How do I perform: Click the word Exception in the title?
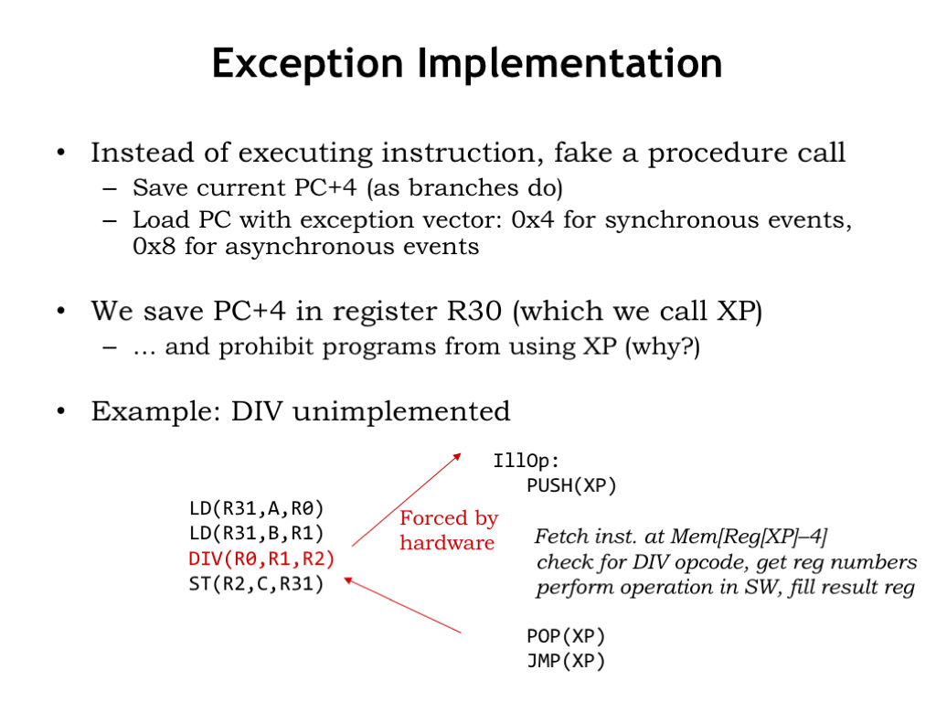coord(307,64)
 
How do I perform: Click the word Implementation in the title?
coord(570,64)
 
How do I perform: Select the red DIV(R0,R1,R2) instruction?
coord(261,558)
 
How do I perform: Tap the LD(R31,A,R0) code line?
coord(256,508)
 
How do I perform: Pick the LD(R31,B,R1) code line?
coord(256,533)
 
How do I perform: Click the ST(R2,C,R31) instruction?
coord(256,584)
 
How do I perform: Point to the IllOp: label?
coord(526,461)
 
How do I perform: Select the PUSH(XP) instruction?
coord(571,486)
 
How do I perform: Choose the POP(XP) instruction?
coord(566,636)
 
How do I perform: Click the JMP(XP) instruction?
coord(566,662)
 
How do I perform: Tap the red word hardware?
coord(447,543)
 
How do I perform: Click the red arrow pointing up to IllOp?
coord(407,500)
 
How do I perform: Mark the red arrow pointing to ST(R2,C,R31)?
coord(403,605)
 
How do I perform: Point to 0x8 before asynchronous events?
coord(154,246)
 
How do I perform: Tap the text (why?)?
coord(663,346)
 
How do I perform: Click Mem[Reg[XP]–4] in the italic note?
coord(750,537)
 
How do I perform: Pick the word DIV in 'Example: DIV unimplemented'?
coord(257,411)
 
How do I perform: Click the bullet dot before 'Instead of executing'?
coord(61,153)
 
